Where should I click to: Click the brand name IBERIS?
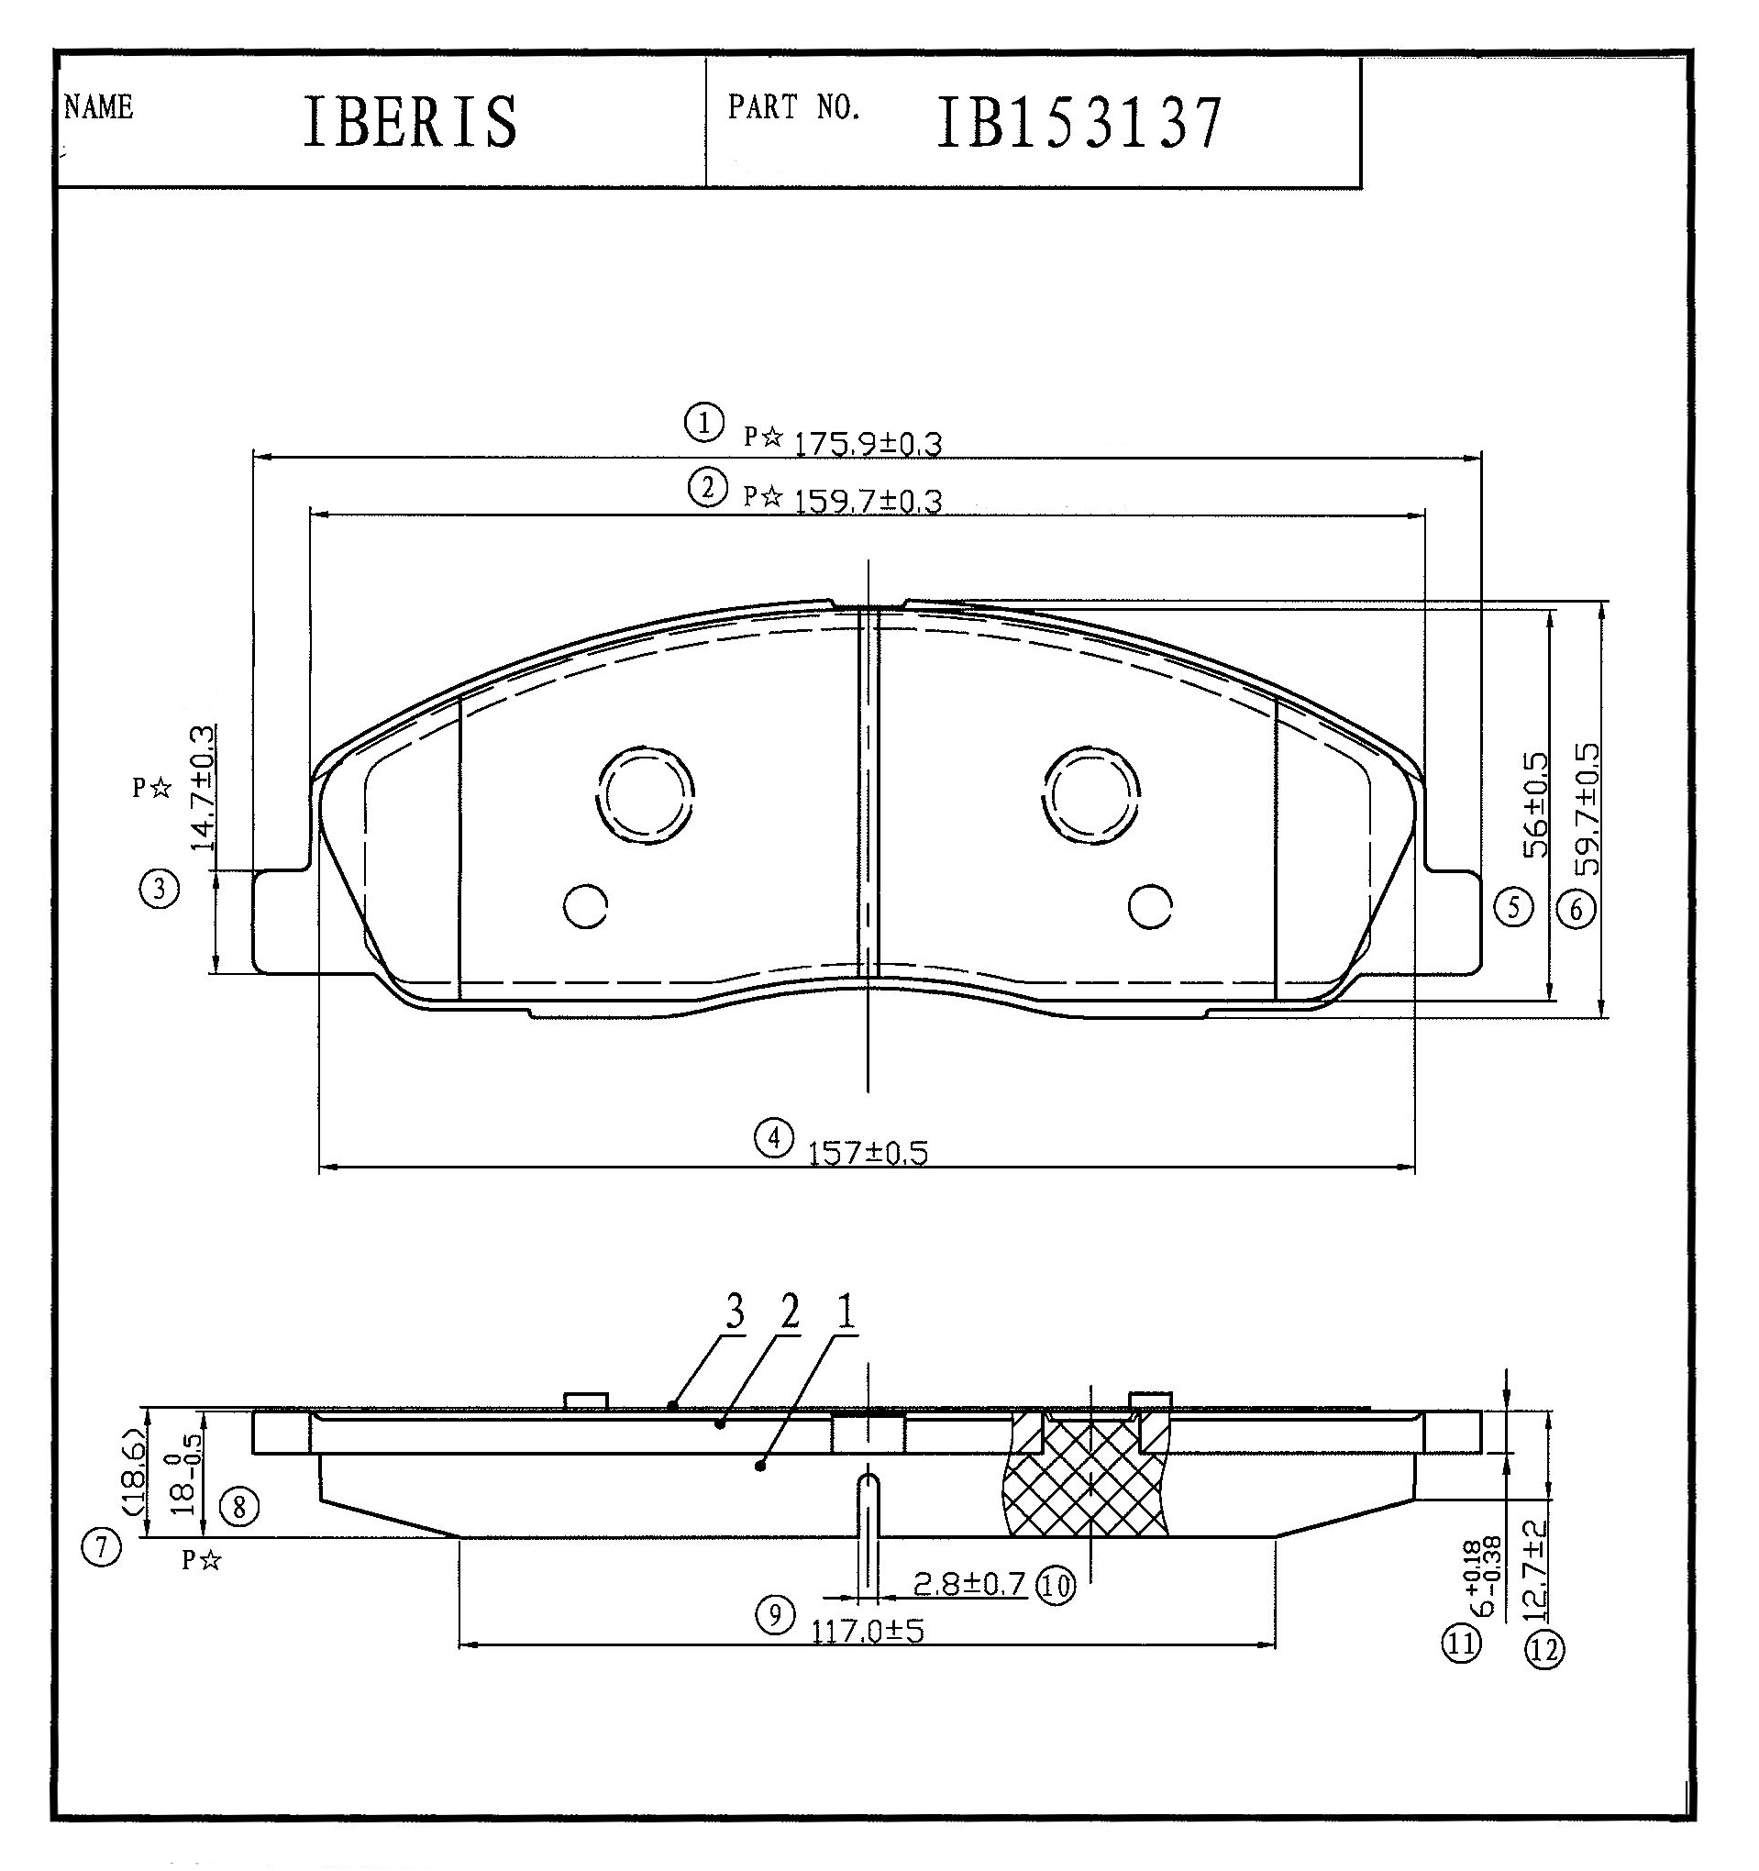click(410, 121)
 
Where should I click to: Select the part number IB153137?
click(1079, 122)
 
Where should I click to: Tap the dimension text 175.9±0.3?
click(868, 443)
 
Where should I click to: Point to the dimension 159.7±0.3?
click(868, 500)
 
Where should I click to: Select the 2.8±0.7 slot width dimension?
click(969, 1585)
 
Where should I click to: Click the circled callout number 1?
click(704, 423)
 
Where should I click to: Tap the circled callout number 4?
click(774, 1138)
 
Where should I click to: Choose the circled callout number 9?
click(775, 1616)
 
